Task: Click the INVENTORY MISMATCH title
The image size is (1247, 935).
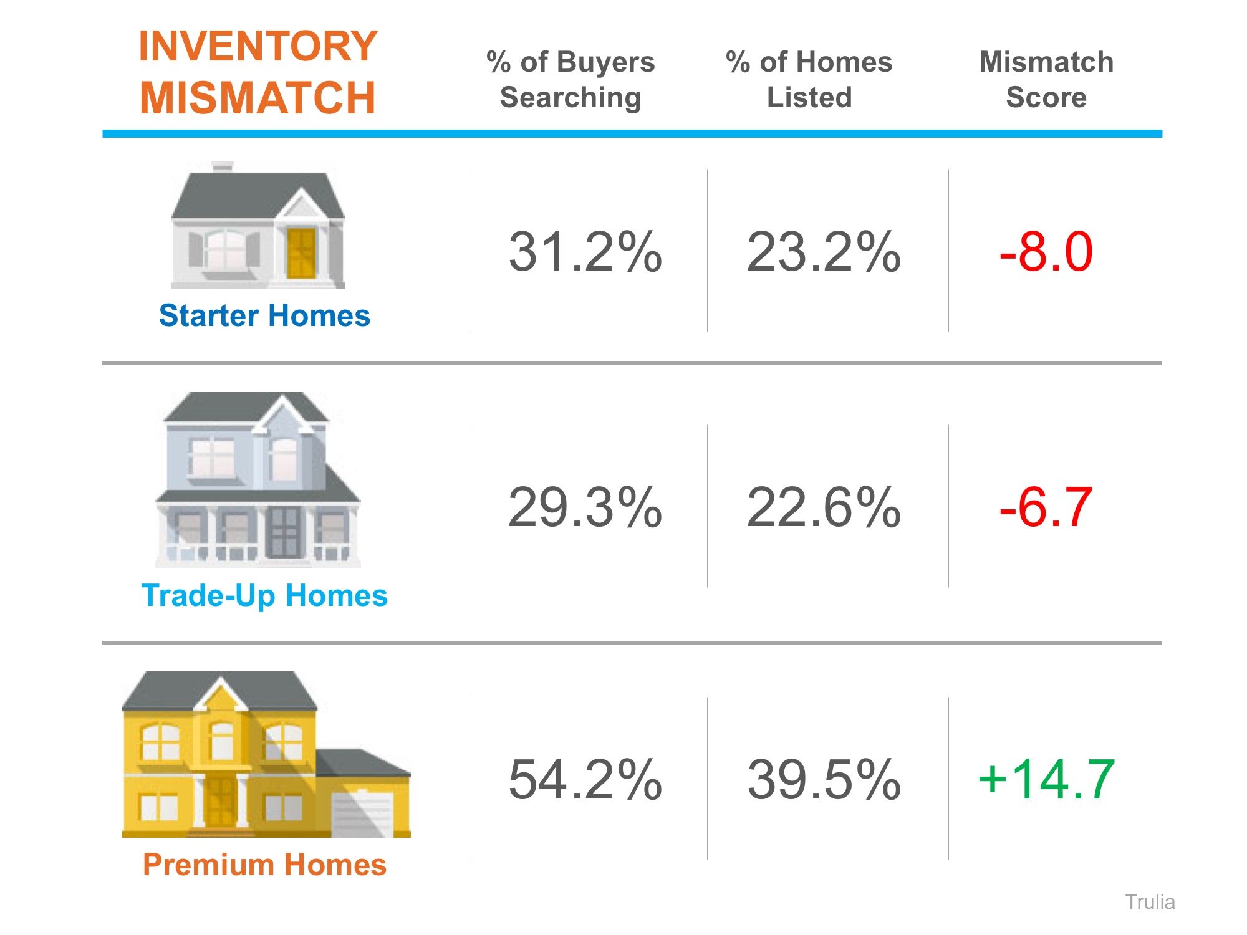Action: coord(258,72)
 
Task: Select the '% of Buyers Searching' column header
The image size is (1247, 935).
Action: coord(571,79)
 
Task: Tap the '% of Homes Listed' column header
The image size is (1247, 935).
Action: coord(809,79)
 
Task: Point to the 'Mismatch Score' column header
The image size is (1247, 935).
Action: coord(1046,79)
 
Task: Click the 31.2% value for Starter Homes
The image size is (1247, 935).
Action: coord(585,252)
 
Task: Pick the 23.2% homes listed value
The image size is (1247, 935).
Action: coord(824,252)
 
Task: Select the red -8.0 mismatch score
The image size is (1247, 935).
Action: coord(1046,252)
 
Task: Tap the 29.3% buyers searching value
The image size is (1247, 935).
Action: coord(585,507)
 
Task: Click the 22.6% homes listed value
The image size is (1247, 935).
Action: coord(824,507)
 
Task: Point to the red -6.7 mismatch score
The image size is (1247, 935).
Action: coord(1046,507)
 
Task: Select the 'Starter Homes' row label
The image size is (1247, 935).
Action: coord(264,315)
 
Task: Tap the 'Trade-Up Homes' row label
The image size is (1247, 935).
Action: coord(264,595)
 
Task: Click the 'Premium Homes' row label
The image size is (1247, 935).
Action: coord(264,865)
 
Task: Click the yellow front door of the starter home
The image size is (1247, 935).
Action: coord(301,253)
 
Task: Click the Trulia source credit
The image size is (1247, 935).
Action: coord(1150,902)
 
